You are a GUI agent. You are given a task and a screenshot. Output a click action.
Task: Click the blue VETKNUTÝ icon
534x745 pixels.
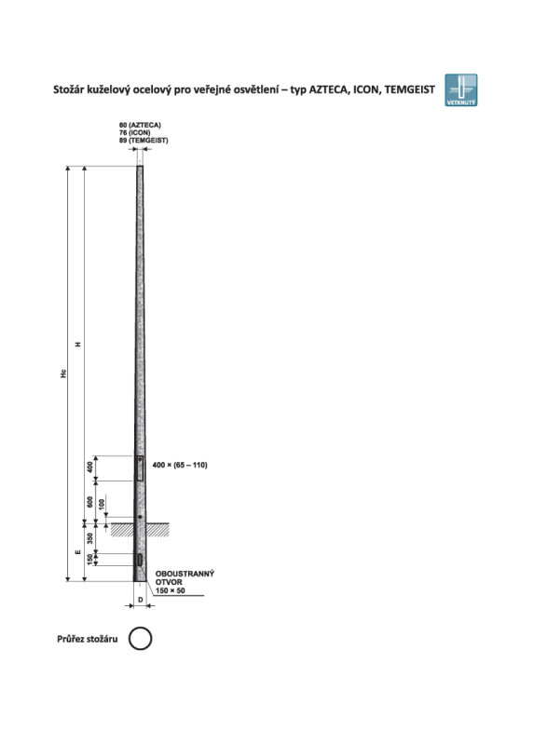click(460, 89)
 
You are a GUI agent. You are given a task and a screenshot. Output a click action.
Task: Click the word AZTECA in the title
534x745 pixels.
click(329, 89)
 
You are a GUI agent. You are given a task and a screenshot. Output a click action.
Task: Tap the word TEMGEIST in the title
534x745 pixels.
click(409, 89)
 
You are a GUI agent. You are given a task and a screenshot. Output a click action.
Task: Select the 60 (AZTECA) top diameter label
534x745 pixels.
click(140, 125)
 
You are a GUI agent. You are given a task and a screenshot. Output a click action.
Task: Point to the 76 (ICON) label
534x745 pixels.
click(134, 132)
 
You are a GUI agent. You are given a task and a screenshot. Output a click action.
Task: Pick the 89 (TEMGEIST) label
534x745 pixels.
click(144, 141)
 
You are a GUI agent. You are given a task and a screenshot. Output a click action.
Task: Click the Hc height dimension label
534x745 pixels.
click(63, 373)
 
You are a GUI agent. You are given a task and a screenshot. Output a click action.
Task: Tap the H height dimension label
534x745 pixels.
click(78, 344)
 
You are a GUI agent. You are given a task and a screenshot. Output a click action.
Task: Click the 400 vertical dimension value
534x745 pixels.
click(89, 467)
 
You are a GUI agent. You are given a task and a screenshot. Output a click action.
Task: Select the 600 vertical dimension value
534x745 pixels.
click(89, 502)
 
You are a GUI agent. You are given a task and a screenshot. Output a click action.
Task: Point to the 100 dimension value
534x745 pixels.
click(102, 504)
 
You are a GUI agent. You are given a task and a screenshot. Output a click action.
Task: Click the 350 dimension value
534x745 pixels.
click(89, 538)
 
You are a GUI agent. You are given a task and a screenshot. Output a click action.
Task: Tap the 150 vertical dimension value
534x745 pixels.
click(89, 560)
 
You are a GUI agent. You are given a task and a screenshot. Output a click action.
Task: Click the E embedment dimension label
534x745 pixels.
click(78, 552)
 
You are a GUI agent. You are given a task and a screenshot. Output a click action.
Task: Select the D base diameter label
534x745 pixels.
click(141, 600)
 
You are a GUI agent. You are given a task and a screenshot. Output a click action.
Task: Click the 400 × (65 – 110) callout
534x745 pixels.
click(180, 465)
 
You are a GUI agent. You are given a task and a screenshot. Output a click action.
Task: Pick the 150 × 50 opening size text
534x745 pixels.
click(171, 590)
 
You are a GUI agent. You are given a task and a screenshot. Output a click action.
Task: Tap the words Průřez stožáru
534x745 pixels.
click(87, 639)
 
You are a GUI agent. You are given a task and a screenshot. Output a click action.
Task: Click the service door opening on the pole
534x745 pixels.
click(140, 467)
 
